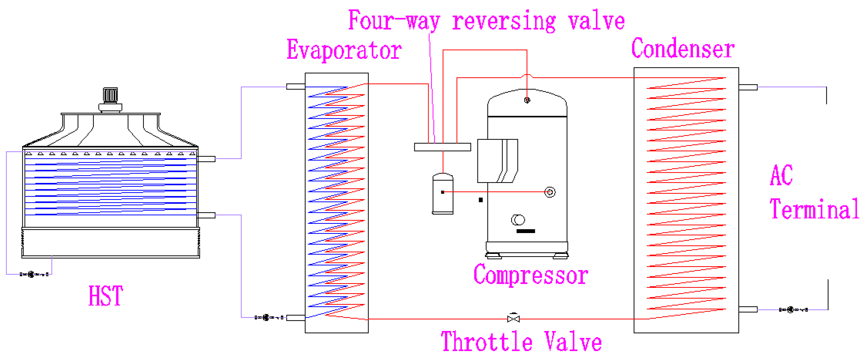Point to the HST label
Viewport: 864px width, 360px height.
tap(106, 296)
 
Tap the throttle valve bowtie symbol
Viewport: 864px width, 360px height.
tap(513, 318)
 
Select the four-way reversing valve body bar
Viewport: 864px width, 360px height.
tap(442, 147)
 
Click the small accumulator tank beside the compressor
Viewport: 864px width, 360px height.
tap(443, 194)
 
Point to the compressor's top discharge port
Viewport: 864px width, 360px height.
tap(527, 100)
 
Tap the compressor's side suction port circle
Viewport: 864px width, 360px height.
tap(550, 192)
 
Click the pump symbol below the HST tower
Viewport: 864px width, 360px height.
tap(31, 274)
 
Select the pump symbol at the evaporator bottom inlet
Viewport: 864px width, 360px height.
tap(266, 317)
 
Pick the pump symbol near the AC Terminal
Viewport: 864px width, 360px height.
tap(791, 310)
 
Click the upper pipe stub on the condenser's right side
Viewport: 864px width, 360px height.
tap(748, 87)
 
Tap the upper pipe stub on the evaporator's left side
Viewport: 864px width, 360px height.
tap(295, 87)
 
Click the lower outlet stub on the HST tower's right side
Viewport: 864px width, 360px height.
tap(206, 215)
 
